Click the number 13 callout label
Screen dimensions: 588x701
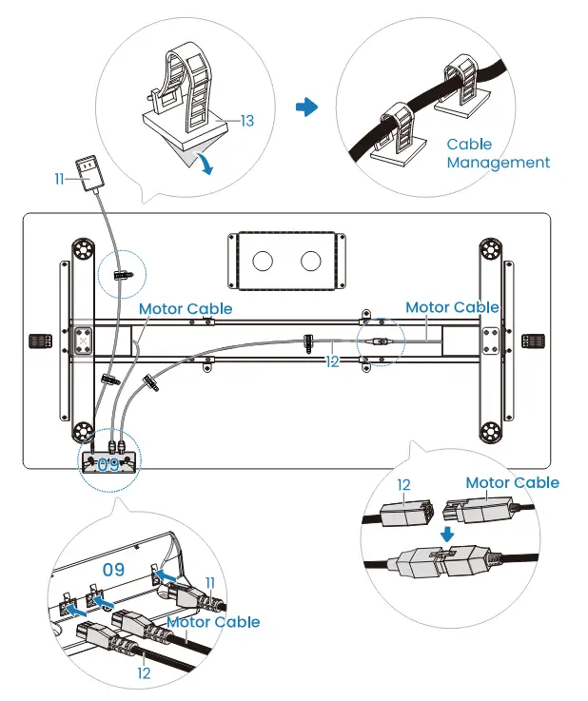[247, 121]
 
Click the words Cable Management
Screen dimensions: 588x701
[499, 153]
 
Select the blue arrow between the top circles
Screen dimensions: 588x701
[306, 107]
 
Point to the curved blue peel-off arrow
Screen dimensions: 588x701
[206, 164]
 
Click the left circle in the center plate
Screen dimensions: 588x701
[263, 261]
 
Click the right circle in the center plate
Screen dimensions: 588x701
[311, 261]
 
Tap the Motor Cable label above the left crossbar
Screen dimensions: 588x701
[186, 308]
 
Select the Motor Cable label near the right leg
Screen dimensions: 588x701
[452, 307]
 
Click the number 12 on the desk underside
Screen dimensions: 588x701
[332, 361]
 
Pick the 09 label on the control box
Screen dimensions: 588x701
[108, 465]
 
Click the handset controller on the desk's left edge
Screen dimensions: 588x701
[40, 341]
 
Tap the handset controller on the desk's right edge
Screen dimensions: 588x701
[534, 341]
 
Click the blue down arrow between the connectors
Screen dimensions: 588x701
[446, 534]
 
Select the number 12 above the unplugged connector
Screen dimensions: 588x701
[403, 485]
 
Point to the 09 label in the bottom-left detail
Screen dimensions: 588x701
[113, 570]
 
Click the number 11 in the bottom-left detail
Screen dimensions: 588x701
[210, 583]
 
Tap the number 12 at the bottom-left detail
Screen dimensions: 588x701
[144, 673]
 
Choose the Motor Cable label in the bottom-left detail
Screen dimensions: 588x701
[213, 622]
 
